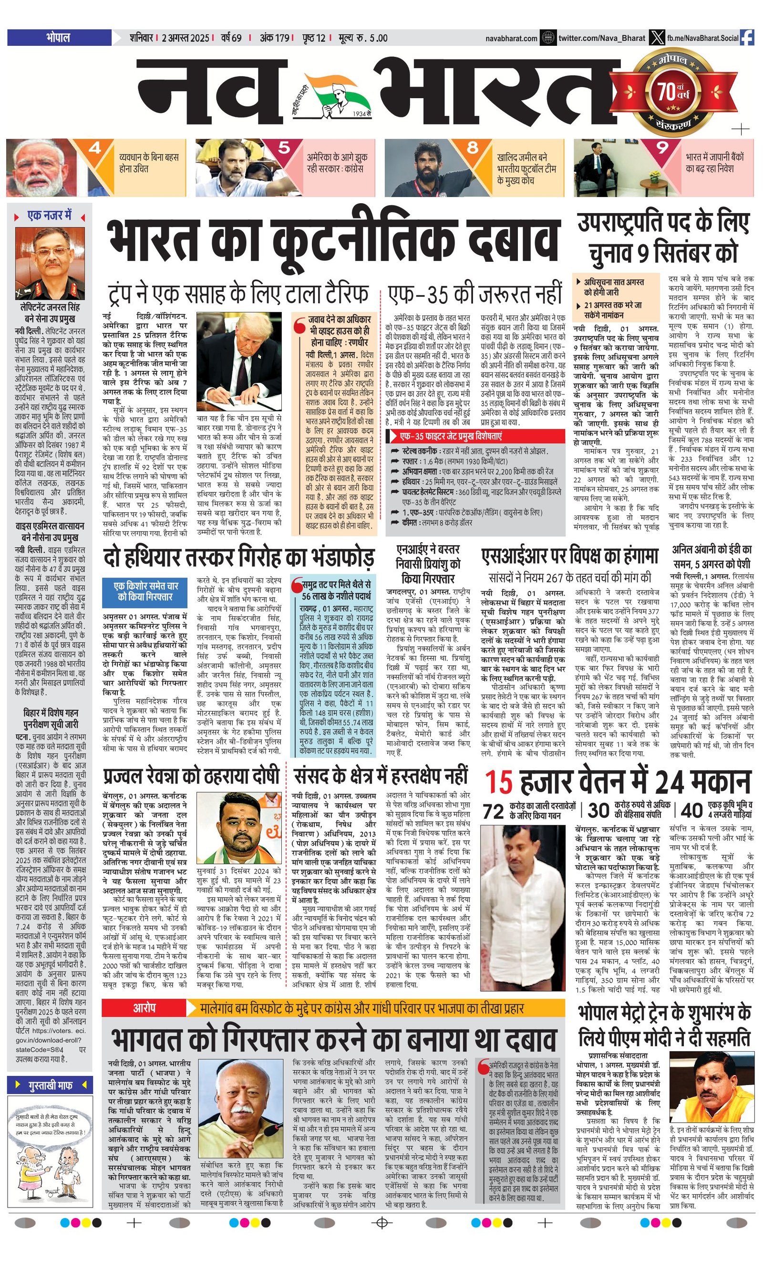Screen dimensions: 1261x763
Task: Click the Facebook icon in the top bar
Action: pyautogui.click(x=747, y=38)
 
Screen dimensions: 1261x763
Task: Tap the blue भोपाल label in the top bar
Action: pyautogui.click(x=58, y=38)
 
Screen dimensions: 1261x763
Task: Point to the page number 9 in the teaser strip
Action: pyautogui.click(x=662, y=148)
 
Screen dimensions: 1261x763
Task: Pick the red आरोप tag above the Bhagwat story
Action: pyautogui.click(x=144, y=650)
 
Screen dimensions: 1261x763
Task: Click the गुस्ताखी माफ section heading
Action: pyautogui.click(x=50, y=1085)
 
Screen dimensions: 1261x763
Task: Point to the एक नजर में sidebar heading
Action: pyautogui.click(x=50, y=216)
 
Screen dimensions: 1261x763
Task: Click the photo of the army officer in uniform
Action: pyautogui.click(x=50, y=263)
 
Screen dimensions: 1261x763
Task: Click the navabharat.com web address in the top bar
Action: pyautogui.click(x=511, y=38)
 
